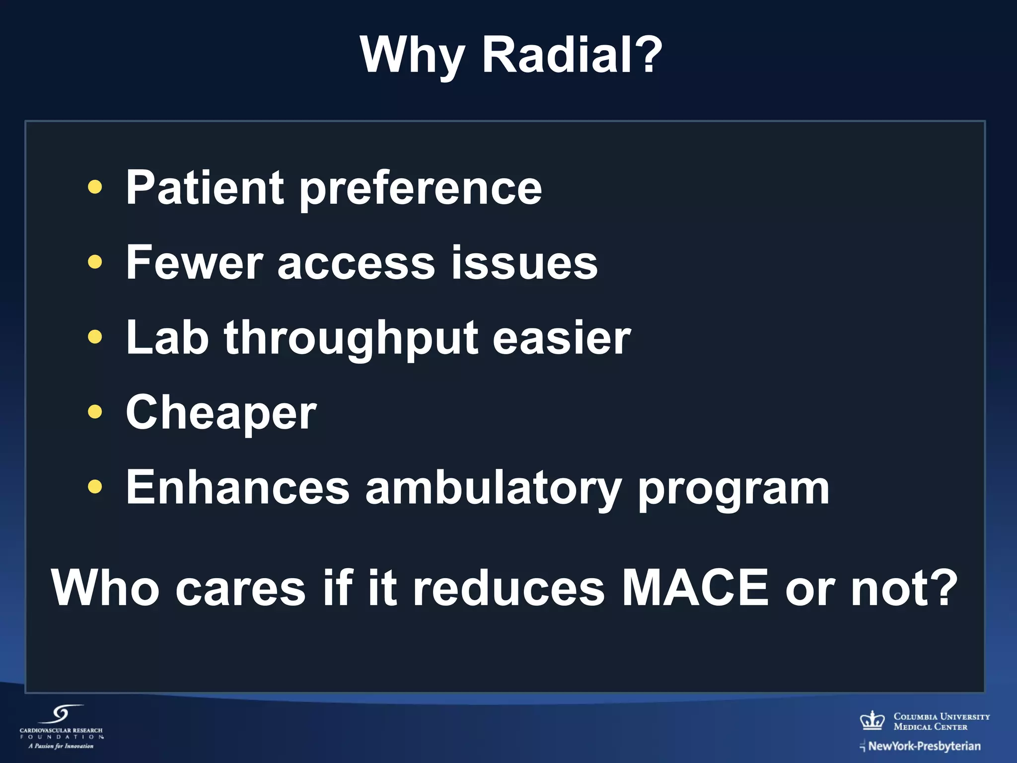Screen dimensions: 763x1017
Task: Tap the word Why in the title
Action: click(412, 56)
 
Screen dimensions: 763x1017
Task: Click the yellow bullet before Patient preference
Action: click(94, 187)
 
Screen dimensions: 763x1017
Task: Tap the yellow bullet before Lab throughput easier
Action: click(94, 337)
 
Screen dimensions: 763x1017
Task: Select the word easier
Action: click(561, 338)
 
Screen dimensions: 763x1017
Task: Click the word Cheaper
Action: click(221, 413)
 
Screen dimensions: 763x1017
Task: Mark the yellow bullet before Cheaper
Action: click(94, 412)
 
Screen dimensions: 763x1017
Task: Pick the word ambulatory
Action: click(493, 489)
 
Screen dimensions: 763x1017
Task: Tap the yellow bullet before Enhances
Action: click(94, 487)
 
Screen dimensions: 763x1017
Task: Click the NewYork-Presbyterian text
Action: click(924, 746)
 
